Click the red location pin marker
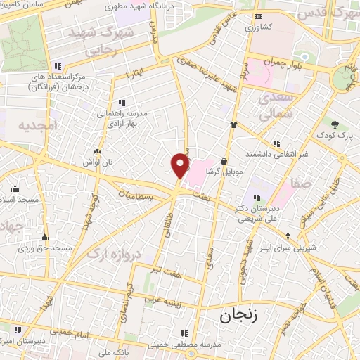coord(181,165)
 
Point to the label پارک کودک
coord(330,134)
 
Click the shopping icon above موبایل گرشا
coord(224,160)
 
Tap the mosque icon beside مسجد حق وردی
coord(45,238)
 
